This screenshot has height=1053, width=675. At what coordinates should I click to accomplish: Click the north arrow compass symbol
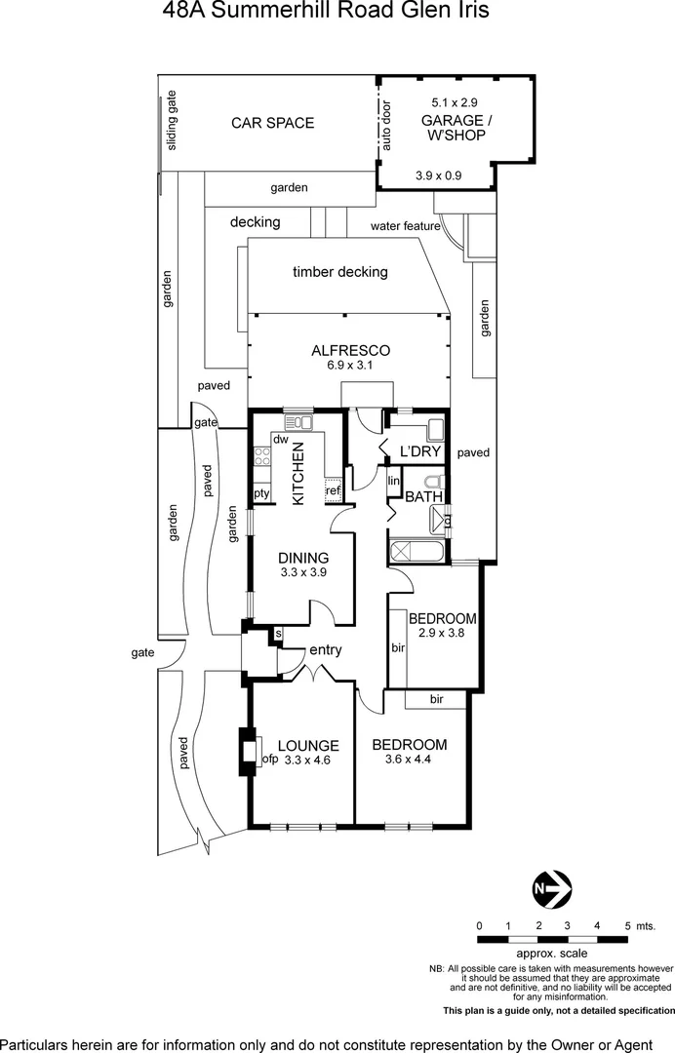552,888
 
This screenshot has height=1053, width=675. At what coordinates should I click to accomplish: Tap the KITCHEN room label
298,474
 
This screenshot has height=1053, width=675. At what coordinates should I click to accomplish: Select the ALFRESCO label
351,350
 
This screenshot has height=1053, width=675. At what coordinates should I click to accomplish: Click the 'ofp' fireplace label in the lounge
270,760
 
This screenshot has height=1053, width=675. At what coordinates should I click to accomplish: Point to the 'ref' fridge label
333,490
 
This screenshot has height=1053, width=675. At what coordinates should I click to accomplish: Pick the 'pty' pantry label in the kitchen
261,493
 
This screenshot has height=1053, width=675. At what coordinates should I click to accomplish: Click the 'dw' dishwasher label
279,439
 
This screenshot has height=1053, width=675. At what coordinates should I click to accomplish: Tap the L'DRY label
421,451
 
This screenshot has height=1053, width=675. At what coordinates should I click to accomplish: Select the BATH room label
424,496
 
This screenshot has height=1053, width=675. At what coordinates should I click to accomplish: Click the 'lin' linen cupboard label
394,481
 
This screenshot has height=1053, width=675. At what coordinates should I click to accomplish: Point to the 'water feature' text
405,226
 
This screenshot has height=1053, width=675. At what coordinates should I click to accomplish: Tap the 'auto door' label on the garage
386,127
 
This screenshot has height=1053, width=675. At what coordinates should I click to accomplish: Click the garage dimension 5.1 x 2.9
455,101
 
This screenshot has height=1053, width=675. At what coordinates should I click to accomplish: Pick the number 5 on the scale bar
627,925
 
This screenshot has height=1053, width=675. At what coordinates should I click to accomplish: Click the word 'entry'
325,650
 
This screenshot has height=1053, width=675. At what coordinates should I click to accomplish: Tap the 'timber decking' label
340,272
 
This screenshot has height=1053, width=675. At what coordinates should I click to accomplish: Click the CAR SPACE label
272,123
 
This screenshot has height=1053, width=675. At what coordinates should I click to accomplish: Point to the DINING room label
303,558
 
